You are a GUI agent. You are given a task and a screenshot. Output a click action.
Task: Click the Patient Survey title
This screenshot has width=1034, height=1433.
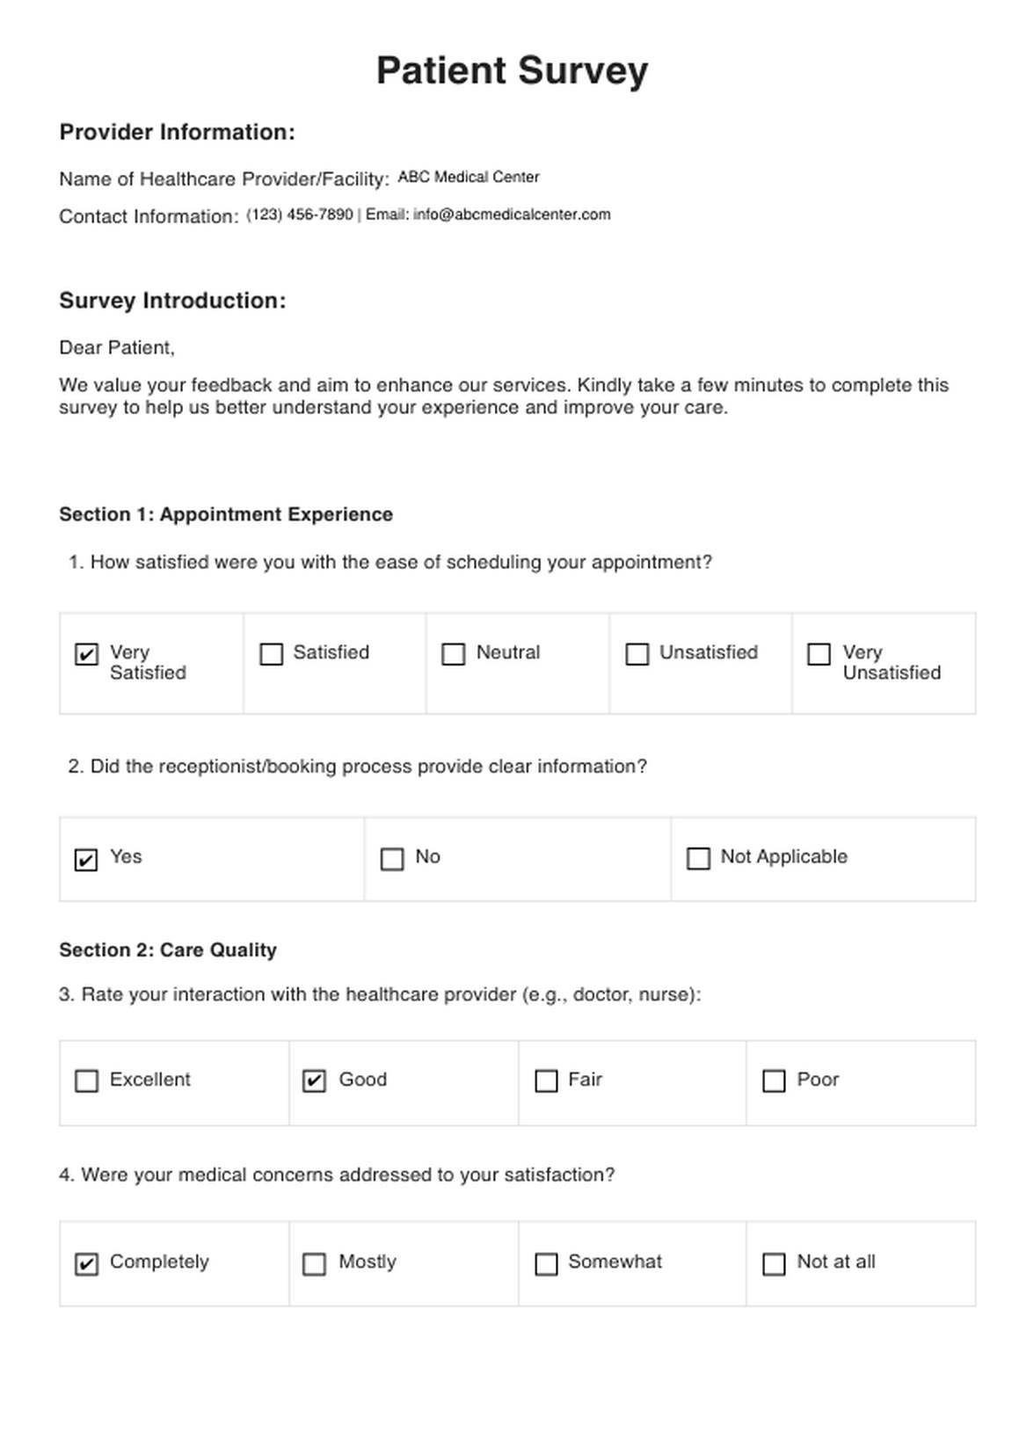coord(512,70)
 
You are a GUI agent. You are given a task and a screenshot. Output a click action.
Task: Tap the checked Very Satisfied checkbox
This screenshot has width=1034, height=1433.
coord(86,654)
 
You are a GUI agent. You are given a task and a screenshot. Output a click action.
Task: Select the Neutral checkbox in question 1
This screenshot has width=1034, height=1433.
coord(453,654)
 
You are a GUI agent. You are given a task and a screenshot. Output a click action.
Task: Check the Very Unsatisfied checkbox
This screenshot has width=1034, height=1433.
coord(819,654)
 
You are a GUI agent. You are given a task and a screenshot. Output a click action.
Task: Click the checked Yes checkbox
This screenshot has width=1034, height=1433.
coord(86,859)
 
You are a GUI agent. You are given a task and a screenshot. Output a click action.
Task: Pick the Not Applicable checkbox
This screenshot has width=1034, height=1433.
coord(698,858)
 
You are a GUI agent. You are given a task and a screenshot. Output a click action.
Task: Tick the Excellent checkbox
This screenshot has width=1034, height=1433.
coord(86,1080)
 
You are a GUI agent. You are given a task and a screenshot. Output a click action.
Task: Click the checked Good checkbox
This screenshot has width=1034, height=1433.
coord(314,1080)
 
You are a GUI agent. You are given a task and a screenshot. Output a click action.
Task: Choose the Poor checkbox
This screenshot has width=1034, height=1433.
coord(774,1080)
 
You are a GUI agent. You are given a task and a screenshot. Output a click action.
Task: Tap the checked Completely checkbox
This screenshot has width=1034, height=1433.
coord(86,1263)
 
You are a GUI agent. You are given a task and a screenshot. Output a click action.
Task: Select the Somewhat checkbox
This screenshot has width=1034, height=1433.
coord(546,1263)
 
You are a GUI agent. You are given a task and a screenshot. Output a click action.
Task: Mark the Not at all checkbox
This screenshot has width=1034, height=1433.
coord(774,1263)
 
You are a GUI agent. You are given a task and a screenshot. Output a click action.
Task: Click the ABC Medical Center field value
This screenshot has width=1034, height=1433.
coord(469,178)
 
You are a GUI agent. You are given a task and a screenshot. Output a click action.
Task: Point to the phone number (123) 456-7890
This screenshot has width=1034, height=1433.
coord(300,215)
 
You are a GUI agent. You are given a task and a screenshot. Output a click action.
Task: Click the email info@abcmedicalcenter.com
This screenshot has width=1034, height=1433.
coord(512,215)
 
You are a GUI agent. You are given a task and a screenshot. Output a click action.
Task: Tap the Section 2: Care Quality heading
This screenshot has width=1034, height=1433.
coord(168,949)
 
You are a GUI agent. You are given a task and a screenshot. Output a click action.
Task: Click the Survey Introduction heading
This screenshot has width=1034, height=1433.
coord(172,301)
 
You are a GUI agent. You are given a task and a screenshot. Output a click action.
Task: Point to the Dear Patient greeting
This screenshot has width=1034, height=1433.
coord(117,348)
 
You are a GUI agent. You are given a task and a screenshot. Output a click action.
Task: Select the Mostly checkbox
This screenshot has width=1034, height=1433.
coord(314,1263)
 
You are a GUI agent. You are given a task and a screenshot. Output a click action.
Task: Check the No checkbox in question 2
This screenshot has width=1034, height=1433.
coord(392,858)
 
